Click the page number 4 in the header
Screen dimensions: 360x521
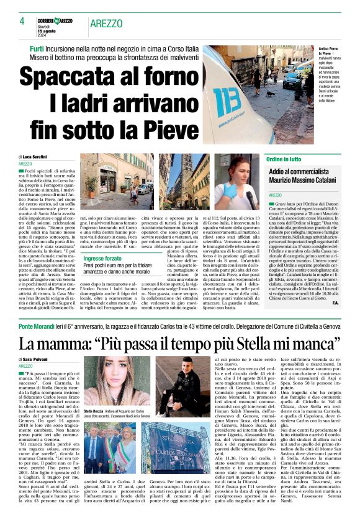22,20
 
